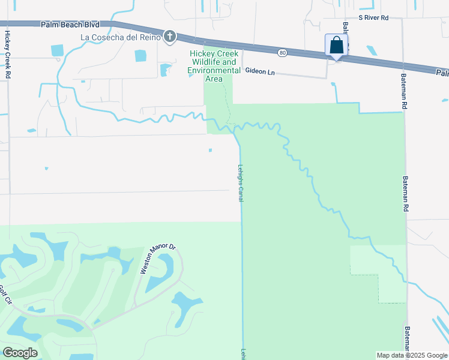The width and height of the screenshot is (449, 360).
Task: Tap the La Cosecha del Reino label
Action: click(x=121, y=37)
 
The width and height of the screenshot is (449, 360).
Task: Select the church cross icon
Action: click(x=170, y=37)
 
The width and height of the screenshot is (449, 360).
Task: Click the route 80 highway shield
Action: click(x=283, y=53)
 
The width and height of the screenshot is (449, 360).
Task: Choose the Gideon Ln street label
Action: click(x=260, y=71)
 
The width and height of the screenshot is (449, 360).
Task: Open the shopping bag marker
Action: click(x=336, y=45)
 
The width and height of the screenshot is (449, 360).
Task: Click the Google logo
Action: click(x=19, y=352)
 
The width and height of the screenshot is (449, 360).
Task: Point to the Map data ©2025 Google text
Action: click(x=411, y=355)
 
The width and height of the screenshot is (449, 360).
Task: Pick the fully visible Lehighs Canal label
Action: click(x=240, y=182)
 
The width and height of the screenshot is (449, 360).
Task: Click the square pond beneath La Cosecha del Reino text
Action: click(x=140, y=55)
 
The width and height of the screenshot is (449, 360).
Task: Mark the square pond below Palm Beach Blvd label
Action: click(x=58, y=50)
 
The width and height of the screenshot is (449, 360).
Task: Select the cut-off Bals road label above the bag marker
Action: click(x=345, y=29)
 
